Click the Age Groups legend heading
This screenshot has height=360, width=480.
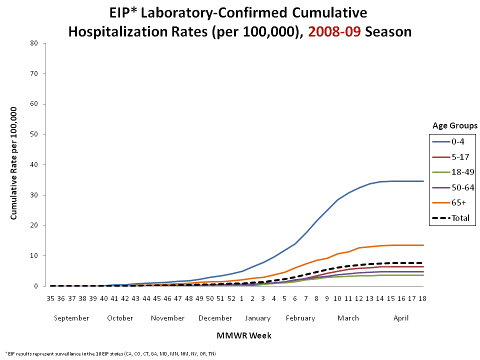pos(454,125)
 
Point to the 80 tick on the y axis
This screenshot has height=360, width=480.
pos(34,43)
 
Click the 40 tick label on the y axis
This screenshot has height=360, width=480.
pos(34,164)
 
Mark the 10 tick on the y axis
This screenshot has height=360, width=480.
pos(34,255)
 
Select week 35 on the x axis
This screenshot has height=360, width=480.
pos(50,298)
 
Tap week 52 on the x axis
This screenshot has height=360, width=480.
pos(231,298)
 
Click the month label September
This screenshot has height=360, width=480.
pos(71,318)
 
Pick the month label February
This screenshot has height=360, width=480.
pos(300,318)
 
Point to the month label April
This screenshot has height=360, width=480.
pos(401,318)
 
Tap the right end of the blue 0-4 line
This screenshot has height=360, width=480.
pos(423,181)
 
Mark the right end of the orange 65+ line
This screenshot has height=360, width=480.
pos(423,245)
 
